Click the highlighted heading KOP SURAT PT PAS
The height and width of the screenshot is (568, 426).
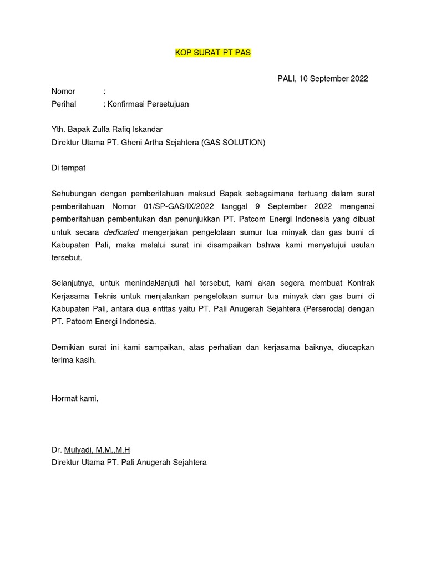(x=214, y=53)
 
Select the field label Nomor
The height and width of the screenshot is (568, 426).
(x=63, y=91)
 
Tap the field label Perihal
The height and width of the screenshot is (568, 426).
(x=64, y=104)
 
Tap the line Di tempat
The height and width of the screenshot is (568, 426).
(x=69, y=168)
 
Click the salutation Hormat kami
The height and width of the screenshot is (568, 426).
(x=75, y=398)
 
